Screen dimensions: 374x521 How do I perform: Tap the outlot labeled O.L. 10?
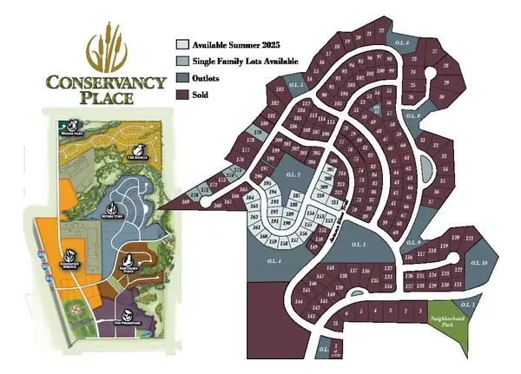[484, 262]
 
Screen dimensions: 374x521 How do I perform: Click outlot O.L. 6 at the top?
[400, 42]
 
